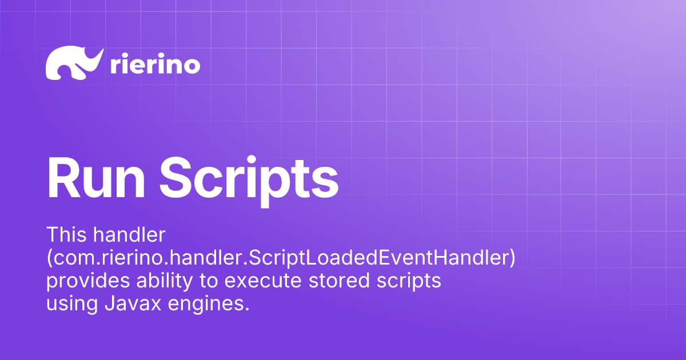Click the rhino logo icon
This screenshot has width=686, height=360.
[73, 63]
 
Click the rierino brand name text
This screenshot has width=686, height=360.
[154, 65]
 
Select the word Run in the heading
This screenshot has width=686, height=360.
[94, 177]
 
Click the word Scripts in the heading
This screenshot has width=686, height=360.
[249, 178]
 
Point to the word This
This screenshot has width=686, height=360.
[65, 234]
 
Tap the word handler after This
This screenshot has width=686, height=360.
[127, 234]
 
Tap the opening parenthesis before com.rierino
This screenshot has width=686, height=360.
[49, 258]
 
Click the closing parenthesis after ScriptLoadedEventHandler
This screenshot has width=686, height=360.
[512, 258]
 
